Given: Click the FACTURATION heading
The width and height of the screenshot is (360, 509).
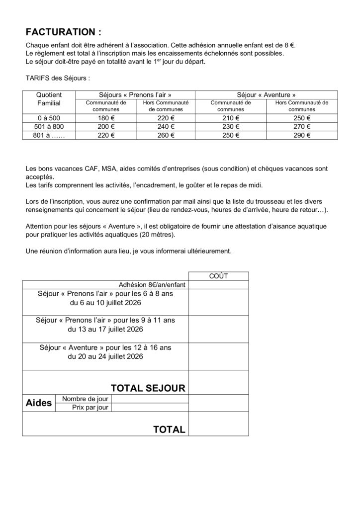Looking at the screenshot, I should pos(63,32).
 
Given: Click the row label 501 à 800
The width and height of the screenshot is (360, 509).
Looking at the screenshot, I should pos(49,126).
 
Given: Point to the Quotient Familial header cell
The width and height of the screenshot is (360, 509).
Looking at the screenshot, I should pos(49,99).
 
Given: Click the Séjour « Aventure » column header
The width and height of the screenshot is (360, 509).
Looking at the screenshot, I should pos(266,94).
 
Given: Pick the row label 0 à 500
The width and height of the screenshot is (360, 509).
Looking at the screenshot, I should pos(49,118).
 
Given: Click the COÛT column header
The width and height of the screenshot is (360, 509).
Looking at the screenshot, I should pos(219,276).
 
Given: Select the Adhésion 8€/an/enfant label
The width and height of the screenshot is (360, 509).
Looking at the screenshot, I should pos(152,285).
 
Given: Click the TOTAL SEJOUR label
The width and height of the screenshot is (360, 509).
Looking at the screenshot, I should pos(148,387).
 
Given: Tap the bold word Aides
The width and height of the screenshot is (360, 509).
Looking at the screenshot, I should pos(38,403).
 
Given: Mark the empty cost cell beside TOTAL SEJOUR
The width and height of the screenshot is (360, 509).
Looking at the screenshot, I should pos(219,382).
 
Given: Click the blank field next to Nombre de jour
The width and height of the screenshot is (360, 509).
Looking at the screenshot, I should pos(150,399).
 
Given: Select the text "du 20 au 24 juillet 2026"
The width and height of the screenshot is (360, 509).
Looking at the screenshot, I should pos(105,356).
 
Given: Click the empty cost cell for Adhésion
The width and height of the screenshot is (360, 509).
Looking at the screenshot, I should pos(219,285).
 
